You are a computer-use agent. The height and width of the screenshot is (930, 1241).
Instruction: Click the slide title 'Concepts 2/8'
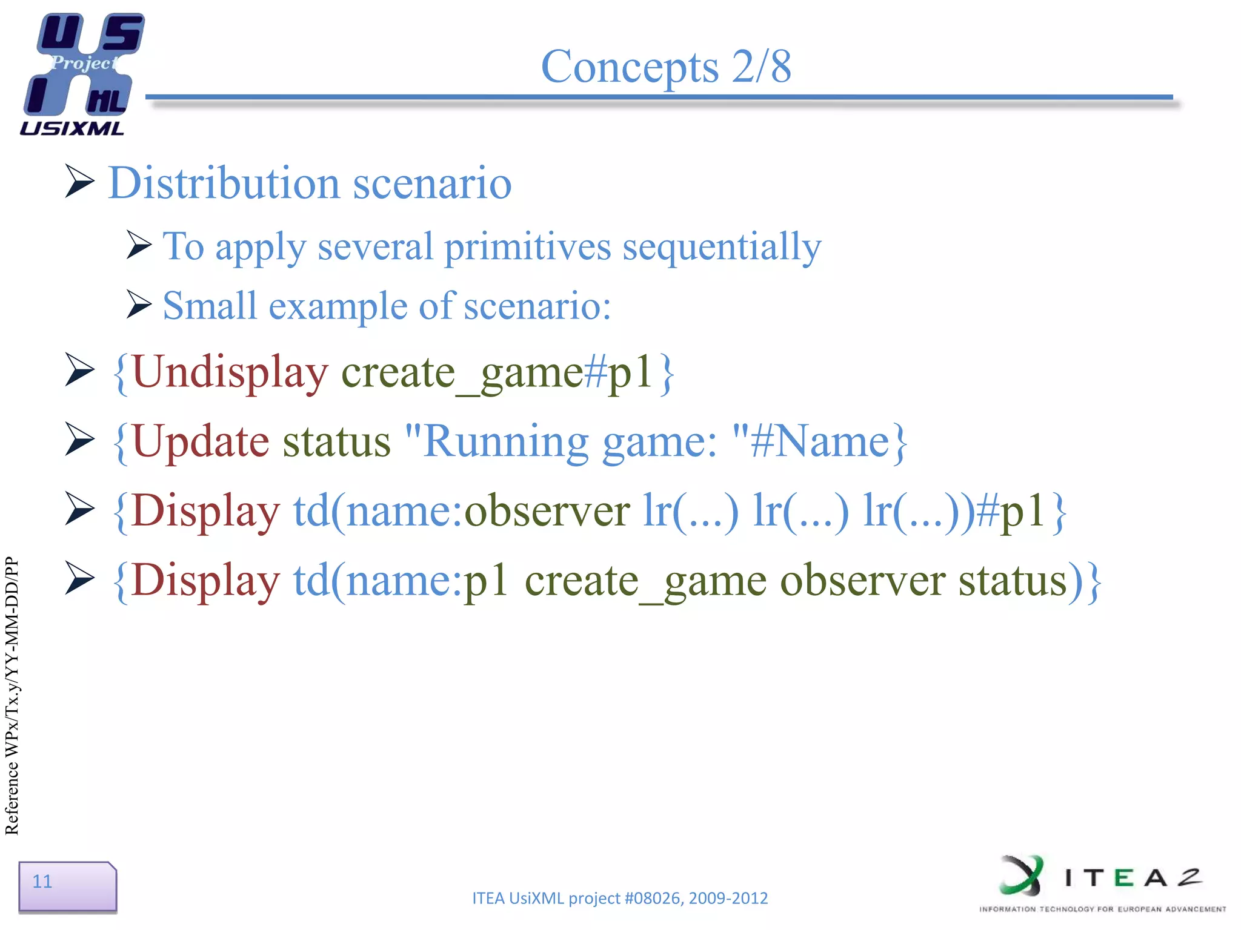[x=665, y=67]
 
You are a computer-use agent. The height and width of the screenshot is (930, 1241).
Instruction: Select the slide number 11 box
[x=67, y=885]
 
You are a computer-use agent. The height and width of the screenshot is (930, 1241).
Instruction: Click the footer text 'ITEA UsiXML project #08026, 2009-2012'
[x=619, y=898]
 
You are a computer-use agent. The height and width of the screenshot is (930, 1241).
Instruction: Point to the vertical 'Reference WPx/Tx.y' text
[x=12, y=696]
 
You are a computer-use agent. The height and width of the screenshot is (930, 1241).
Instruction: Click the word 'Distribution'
[x=224, y=183]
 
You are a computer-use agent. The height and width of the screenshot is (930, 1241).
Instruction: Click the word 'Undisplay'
[x=230, y=372]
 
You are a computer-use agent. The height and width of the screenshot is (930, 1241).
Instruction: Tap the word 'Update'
[x=200, y=441]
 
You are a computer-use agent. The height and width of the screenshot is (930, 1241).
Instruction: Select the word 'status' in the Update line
[x=336, y=441]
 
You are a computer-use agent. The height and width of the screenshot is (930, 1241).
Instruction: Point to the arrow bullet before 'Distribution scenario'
[x=79, y=181]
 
